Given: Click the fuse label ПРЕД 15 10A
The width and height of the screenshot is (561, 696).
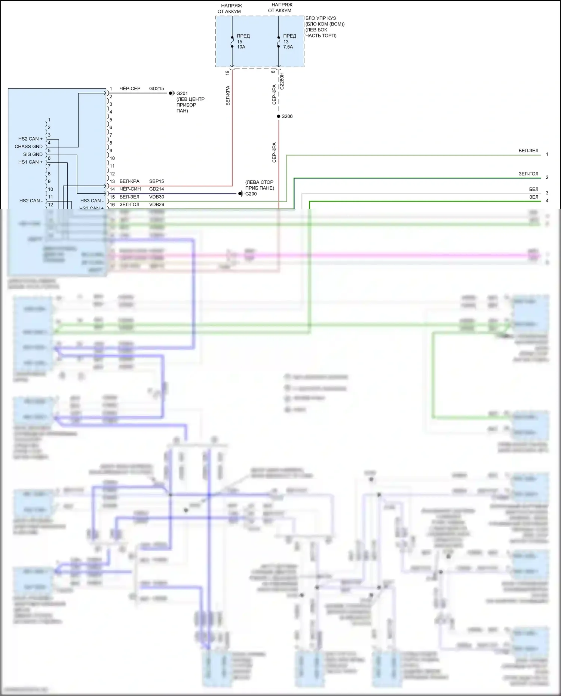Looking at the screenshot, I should tap(243, 42).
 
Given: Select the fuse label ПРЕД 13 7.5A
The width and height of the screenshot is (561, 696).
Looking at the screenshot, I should tap(289, 42).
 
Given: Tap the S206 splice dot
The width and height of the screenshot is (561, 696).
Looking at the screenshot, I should tap(279, 116).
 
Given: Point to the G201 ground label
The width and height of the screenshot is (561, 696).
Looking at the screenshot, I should tap(182, 93).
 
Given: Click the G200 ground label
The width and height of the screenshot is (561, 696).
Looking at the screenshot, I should tap(251, 194).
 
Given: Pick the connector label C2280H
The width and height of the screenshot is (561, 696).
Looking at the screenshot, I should tap(282, 81).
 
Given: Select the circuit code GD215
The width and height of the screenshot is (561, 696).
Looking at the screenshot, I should tap(156, 89).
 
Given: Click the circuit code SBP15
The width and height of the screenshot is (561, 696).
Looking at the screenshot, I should tap(156, 181).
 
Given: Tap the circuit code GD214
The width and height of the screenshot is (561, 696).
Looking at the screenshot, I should tap(156, 189).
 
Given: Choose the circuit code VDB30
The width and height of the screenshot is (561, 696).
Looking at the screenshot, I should tap(156, 197).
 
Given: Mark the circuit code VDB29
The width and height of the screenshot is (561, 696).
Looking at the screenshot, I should tap(156, 205).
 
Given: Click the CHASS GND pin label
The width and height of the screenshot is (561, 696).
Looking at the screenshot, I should tap(28, 147).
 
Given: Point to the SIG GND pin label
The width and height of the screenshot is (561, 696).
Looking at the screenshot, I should tap(33, 154).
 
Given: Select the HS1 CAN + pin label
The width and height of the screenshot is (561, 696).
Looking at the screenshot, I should tap(30, 162).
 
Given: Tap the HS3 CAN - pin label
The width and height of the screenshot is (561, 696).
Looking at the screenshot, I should tap(92, 201).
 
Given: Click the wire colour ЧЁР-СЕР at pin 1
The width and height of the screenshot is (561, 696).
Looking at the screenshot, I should tap(130, 89).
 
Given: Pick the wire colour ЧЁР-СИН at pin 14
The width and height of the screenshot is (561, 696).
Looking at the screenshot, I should tap(130, 189).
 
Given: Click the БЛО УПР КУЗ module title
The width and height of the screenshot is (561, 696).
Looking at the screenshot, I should tap(321, 18).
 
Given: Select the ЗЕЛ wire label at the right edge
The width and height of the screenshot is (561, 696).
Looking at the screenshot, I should tap(534, 197).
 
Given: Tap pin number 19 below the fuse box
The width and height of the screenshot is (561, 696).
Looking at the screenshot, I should tap(227, 73).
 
